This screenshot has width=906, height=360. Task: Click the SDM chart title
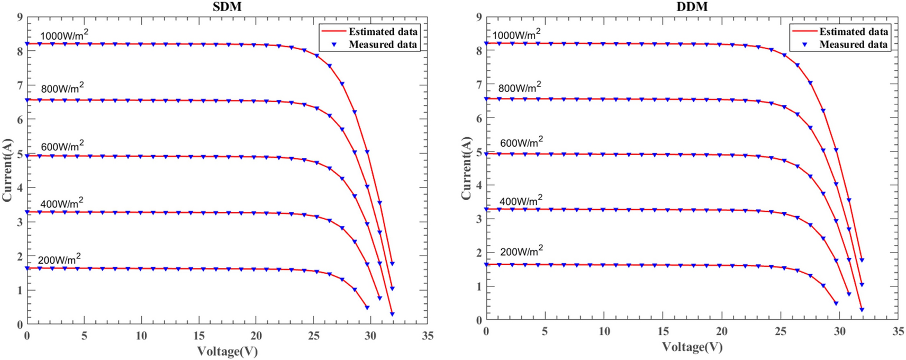point(226,6)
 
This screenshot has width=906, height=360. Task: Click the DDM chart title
point(692,6)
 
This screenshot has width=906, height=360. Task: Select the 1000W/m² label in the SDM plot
point(64,35)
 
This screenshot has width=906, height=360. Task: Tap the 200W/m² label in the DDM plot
point(521,251)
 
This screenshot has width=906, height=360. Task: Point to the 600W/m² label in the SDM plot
point(62,146)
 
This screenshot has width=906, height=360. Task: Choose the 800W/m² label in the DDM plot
point(519,87)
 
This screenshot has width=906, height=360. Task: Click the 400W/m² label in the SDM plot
point(61,203)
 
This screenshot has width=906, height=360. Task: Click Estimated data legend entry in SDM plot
point(383,32)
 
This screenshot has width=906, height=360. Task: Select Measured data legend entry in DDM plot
point(853,44)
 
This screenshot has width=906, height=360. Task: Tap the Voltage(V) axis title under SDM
point(227,351)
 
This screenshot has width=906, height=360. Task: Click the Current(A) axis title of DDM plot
point(466,168)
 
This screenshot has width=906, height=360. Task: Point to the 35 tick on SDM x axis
point(428,336)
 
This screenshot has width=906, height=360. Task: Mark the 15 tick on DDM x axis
point(663,331)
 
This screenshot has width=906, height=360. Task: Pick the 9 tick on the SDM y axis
point(20,17)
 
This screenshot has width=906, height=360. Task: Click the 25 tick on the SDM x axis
point(313,336)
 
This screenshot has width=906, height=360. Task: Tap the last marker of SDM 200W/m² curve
point(367,308)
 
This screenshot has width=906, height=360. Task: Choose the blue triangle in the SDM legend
point(334,45)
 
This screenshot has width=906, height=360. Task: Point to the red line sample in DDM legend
point(804,32)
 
